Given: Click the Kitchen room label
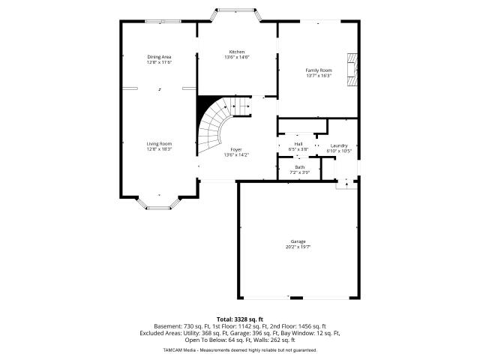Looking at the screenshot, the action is pyautogui.click(x=237, y=52).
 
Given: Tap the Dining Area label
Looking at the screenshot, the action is pyautogui.click(x=159, y=57).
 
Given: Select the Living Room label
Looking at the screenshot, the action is pyautogui.click(x=159, y=143).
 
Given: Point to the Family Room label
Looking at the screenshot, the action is pyautogui.click(x=319, y=70).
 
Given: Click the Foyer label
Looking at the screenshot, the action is pyautogui.click(x=236, y=149).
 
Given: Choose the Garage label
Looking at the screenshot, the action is pyautogui.click(x=298, y=241).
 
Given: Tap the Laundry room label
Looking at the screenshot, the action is pyautogui.click(x=339, y=145).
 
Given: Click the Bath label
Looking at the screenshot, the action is pyautogui.click(x=300, y=167).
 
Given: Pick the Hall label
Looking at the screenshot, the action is pyautogui.click(x=298, y=144).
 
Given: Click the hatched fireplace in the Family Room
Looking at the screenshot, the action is pyautogui.click(x=352, y=70).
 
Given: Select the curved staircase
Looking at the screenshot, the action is pyautogui.click(x=220, y=125).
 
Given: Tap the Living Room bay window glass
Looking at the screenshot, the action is pyautogui.click(x=158, y=208).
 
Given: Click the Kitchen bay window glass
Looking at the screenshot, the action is pyautogui.click(x=236, y=10).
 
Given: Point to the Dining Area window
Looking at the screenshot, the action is pyautogui.click(x=163, y=22).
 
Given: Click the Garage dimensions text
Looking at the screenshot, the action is pyautogui.click(x=298, y=247).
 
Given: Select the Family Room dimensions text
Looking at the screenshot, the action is pyautogui.click(x=319, y=75).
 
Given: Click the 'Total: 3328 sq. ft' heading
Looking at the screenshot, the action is pyautogui.click(x=240, y=320).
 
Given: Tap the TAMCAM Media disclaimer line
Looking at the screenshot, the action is pyautogui.click(x=240, y=350).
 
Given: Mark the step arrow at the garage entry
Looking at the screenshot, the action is pyautogui.click(x=346, y=184).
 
